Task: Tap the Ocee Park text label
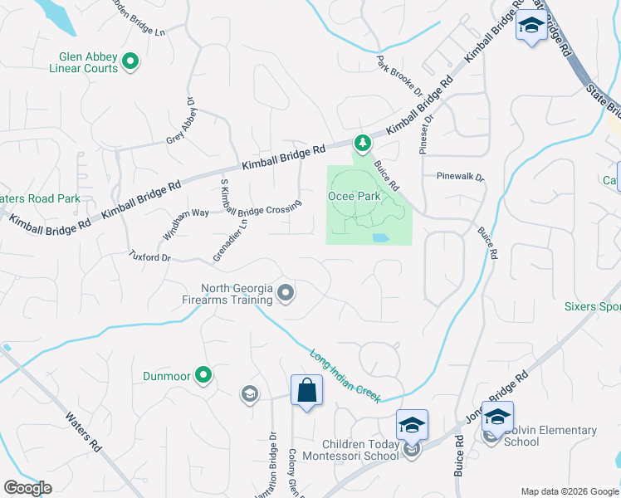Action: tap(353, 197)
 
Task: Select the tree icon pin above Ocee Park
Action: tap(361, 142)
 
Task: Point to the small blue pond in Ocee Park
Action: tap(380, 238)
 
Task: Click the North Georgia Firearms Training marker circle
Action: tap(286, 293)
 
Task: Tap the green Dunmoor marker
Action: tap(202, 375)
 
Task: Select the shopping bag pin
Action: tap(306, 390)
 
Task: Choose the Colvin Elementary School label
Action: tap(550, 436)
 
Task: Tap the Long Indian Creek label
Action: tap(345, 377)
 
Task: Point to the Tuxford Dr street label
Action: tap(149, 257)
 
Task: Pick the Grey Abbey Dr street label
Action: tap(180, 124)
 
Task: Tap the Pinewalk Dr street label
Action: tap(460, 177)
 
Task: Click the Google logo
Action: tap(27, 488)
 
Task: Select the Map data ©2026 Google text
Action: tap(569, 491)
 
